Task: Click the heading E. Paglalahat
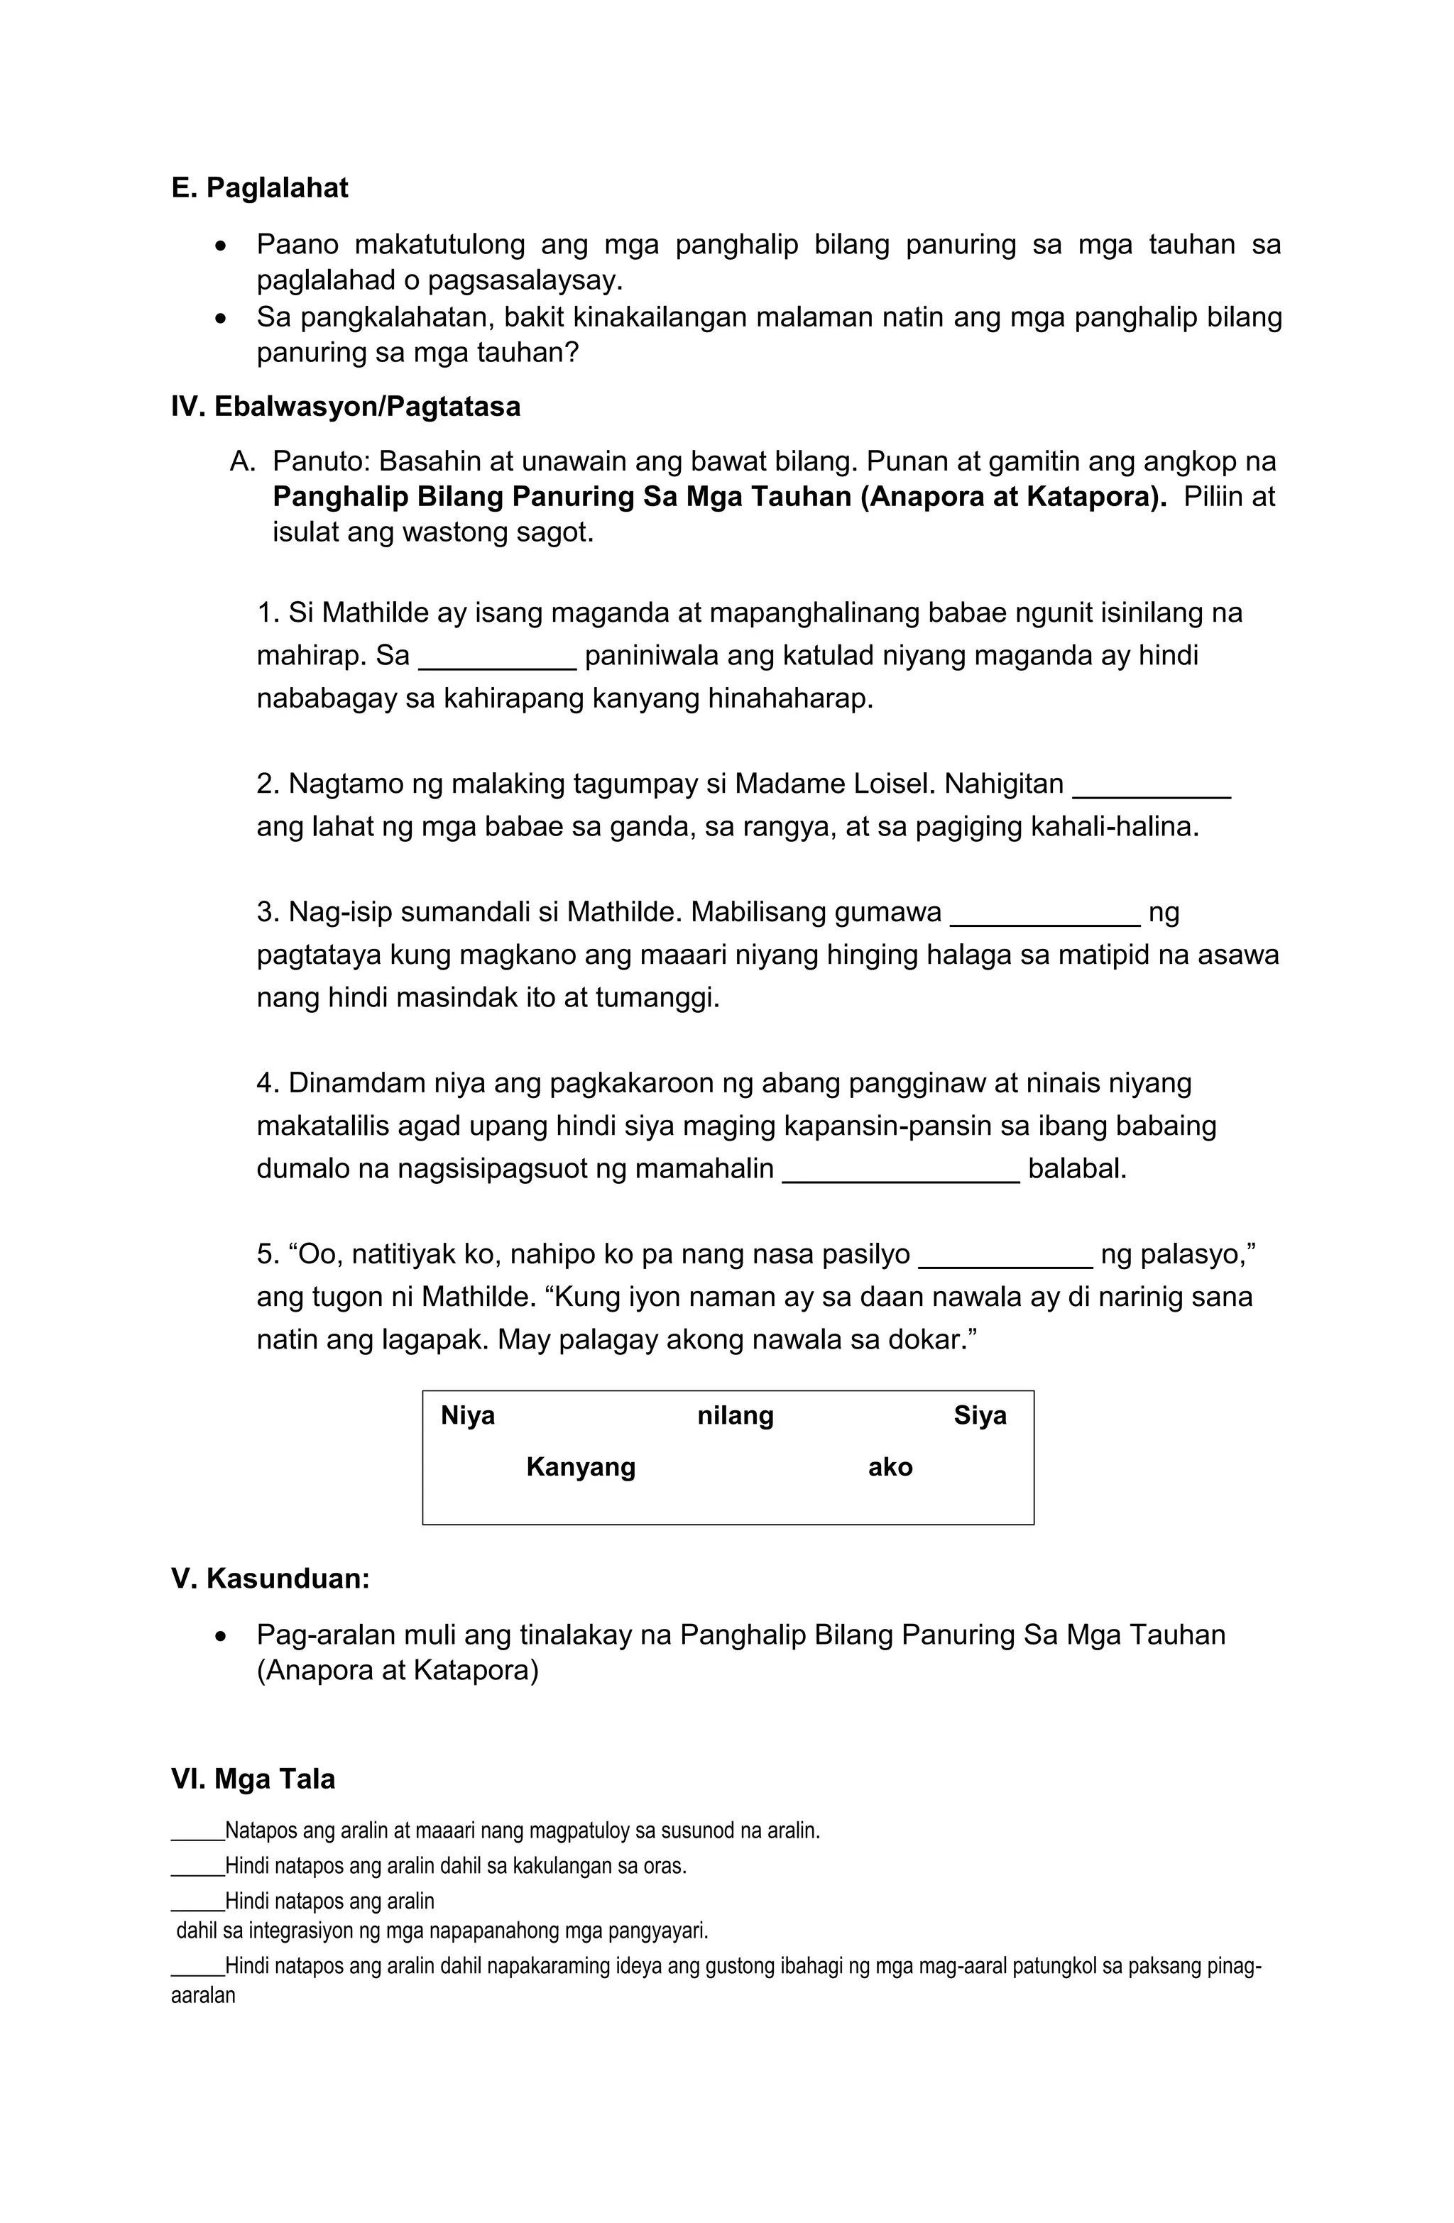(x=259, y=188)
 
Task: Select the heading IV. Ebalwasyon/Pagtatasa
(x=345, y=406)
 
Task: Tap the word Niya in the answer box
(x=467, y=1415)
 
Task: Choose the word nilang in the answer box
(x=736, y=1415)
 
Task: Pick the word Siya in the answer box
(x=979, y=1415)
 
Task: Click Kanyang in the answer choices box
(x=580, y=1466)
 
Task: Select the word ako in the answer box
(x=890, y=1466)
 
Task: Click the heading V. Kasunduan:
(x=270, y=1579)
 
